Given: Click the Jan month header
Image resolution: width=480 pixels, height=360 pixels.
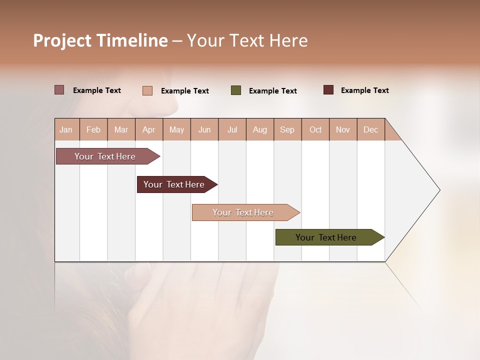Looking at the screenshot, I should pos(66,129).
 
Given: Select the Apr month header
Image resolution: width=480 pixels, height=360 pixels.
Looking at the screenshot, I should pos(148,129).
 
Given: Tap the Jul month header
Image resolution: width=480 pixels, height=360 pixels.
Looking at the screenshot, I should pos(232,129).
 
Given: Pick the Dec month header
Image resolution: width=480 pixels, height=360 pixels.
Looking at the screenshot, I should pos(370,129).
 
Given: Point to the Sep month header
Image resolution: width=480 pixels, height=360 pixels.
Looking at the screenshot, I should pos(287,129).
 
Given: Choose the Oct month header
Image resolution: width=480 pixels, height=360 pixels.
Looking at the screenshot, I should pos(315,129).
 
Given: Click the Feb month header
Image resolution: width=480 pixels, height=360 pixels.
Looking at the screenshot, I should pos(93,129).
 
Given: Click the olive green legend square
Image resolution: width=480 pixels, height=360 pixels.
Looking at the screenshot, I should pos(236,90).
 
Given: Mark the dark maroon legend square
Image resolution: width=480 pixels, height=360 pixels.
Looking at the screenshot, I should pos(328,90).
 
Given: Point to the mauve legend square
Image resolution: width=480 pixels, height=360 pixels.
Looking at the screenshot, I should pos(59,90).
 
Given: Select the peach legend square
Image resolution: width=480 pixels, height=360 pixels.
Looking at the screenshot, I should pos(147,90).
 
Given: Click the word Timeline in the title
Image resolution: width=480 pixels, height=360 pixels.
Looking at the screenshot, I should pos(131,40).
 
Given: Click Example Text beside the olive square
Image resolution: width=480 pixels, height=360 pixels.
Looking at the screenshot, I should pos(273,91).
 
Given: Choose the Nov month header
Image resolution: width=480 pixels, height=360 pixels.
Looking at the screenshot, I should pos(343,129).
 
